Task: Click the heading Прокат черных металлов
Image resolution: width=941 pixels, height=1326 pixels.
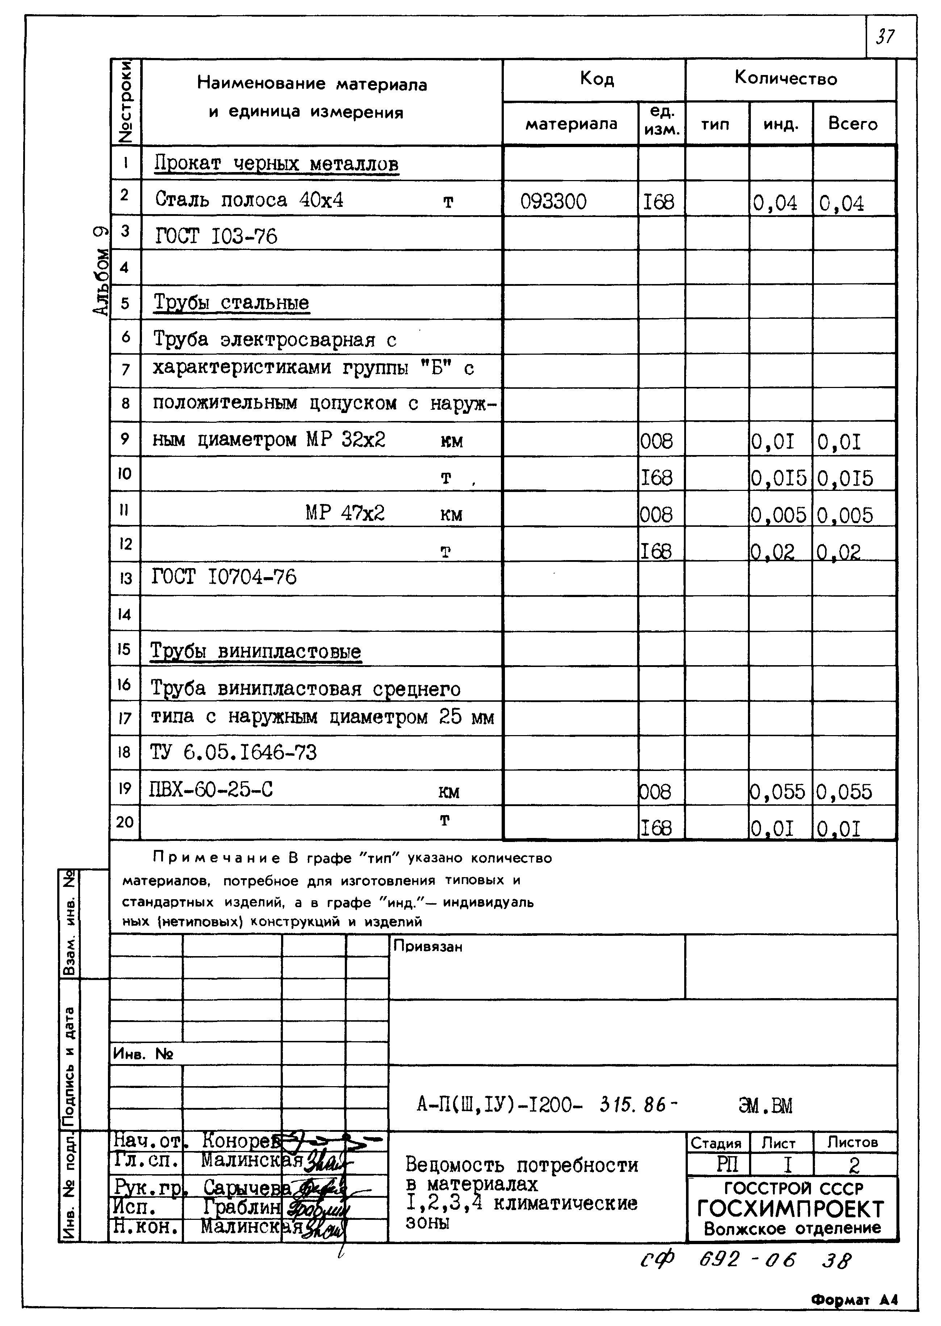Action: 276,164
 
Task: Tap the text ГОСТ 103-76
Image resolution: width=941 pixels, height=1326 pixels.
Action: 216,236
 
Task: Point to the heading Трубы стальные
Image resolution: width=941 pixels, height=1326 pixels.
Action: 231,303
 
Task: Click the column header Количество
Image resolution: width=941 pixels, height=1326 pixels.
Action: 786,78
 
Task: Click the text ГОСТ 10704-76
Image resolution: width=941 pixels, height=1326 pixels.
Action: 224,577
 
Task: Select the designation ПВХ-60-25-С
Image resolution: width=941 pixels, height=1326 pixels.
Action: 211,789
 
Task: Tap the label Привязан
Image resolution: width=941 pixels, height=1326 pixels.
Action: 428,946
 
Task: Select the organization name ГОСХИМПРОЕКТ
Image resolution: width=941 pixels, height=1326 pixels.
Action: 790,1209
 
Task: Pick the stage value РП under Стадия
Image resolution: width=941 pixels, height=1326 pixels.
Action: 727,1165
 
